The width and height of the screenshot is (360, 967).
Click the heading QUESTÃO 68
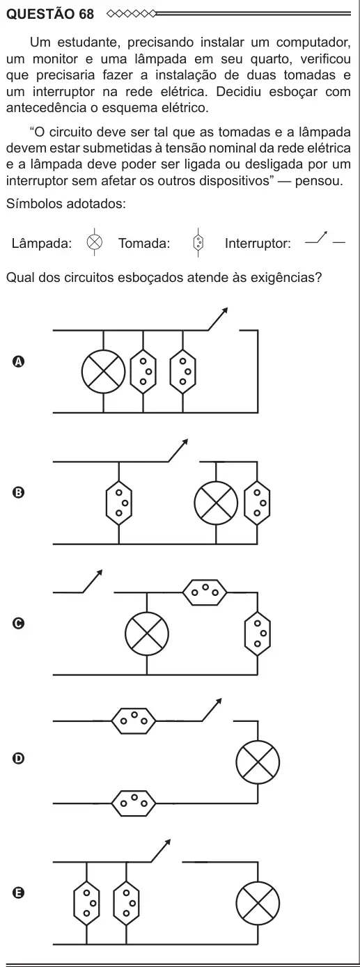tap(50, 14)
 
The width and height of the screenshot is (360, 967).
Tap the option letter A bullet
tap(17, 361)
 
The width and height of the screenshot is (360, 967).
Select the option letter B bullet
tap(17, 493)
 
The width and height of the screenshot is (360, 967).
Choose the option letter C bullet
tap(17, 623)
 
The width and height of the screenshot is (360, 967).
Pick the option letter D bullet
tap(17, 758)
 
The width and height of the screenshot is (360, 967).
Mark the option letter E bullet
tap(17, 893)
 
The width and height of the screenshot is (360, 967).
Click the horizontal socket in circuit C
tap(205, 592)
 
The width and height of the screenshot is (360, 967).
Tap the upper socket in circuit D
tap(134, 721)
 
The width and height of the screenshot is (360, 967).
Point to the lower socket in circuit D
tap(134, 803)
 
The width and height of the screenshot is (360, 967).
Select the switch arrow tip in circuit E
tap(169, 841)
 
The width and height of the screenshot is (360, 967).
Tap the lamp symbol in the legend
tap(94, 242)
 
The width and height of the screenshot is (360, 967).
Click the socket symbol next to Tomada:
tap(198, 242)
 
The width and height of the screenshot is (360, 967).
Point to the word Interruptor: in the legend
tap(258, 244)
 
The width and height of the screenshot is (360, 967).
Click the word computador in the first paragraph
tap(313, 42)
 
